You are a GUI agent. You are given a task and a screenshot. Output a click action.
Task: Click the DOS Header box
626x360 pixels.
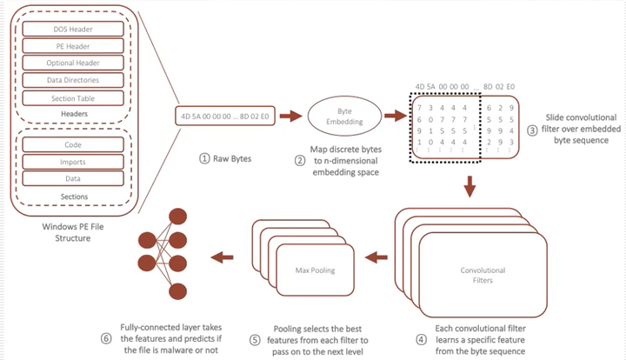click(x=73, y=30)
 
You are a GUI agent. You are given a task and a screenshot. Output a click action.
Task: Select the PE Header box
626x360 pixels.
click(x=73, y=46)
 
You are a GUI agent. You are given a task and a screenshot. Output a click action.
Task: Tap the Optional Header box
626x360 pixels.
click(x=73, y=63)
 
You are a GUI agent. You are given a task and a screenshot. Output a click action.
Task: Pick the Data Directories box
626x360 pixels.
click(x=73, y=80)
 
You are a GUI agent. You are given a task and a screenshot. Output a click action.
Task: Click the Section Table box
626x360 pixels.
click(x=73, y=98)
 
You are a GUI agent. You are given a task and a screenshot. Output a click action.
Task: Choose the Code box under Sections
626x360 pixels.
click(x=73, y=144)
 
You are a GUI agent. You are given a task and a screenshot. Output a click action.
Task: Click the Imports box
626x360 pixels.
click(x=73, y=162)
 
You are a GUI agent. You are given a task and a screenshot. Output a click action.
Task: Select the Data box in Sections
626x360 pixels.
click(x=73, y=178)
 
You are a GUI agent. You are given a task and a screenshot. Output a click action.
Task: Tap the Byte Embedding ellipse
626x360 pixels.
click(x=344, y=117)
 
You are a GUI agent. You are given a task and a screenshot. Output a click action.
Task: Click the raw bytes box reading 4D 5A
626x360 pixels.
click(x=225, y=117)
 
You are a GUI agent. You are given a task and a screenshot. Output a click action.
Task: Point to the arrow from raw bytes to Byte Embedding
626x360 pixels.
click(x=290, y=117)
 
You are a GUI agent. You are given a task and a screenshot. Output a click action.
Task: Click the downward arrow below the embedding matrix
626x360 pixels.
click(x=469, y=186)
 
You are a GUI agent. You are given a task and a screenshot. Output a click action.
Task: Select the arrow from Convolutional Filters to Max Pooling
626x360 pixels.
click(x=376, y=257)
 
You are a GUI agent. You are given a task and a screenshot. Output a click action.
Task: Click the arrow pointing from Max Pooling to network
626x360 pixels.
click(x=222, y=257)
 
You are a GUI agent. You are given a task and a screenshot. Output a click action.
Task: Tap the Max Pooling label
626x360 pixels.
click(x=315, y=270)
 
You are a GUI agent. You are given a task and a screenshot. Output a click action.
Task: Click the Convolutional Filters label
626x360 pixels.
click(x=483, y=275)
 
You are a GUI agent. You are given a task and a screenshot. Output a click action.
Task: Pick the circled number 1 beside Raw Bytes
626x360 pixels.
click(x=204, y=158)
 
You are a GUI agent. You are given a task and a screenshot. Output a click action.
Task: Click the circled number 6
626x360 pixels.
click(x=106, y=339)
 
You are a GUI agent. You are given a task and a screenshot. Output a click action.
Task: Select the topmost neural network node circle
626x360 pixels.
click(x=177, y=217)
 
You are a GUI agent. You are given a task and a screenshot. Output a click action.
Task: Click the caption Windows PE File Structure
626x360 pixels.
click(x=73, y=232)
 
